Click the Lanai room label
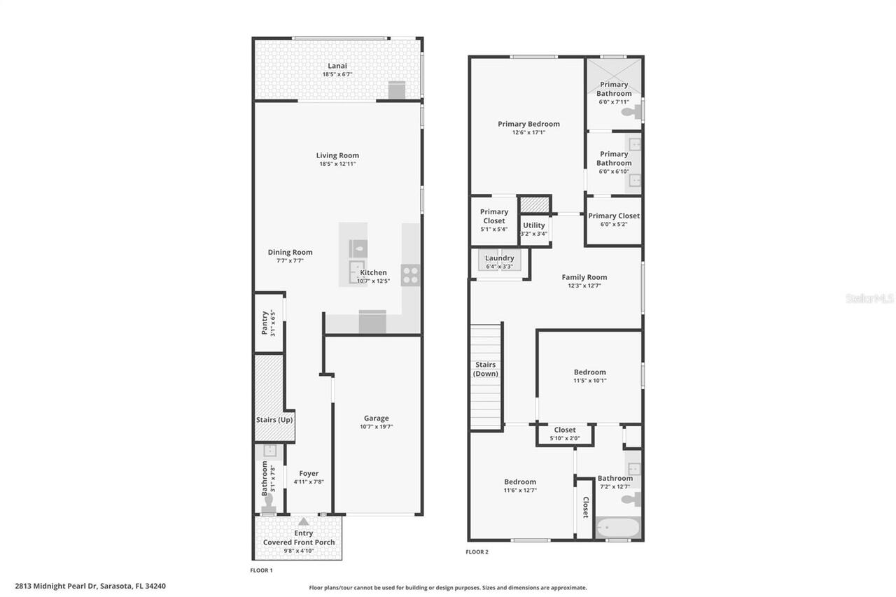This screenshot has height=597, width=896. coord(337,66)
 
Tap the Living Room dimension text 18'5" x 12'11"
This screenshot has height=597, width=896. coord(337,164)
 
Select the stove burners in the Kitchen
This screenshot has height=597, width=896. coord(410,275)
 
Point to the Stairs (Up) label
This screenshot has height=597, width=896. coord(274,420)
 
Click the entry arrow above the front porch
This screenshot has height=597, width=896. coord(303,521)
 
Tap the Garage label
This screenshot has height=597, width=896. coord(376,419)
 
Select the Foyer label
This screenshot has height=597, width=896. coord(309,474)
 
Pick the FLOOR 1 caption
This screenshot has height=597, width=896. coord(261,570)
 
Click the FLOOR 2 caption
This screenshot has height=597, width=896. coord(477,552)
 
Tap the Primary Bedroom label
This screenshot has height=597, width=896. coord(528,124)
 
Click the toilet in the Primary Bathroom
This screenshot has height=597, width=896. coord(629,111)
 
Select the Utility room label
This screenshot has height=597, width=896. coord(534,225)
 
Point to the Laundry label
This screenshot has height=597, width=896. coord(500,258)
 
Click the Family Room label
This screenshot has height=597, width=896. coord(584,277)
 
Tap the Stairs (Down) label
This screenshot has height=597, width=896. coord(485,369)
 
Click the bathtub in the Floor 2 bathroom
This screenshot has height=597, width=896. coord(617,527)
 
